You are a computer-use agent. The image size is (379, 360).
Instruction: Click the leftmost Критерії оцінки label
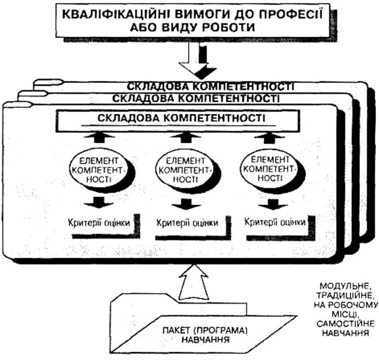(x=98, y=222)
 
